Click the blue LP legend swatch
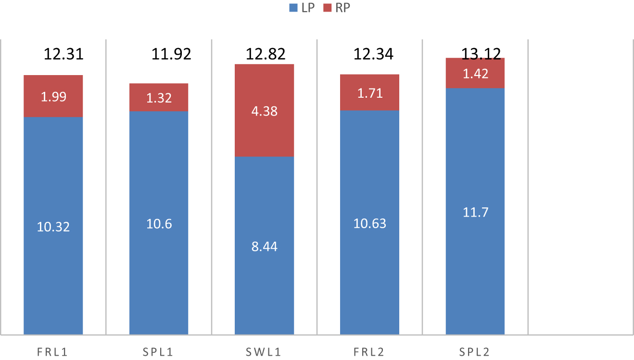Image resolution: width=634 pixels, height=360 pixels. pyautogui.click(x=292, y=8)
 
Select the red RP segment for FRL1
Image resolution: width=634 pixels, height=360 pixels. pyautogui.click(x=53, y=96)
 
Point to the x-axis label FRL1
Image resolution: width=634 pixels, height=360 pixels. pyautogui.click(x=52, y=352)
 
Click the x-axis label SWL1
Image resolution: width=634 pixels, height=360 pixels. pyautogui.click(x=264, y=352)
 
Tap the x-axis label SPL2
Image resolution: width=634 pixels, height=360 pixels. pyautogui.click(x=475, y=352)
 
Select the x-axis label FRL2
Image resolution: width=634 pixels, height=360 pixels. pyautogui.click(x=369, y=352)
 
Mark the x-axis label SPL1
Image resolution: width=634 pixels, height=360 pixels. pyautogui.click(x=158, y=352)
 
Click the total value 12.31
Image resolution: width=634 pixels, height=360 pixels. pyautogui.click(x=63, y=54)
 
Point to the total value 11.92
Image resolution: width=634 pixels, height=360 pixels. pyautogui.click(x=171, y=54)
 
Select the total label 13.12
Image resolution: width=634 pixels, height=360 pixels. pyautogui.click(x=481, y=54)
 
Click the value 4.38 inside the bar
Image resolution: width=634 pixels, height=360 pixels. pyautogui.click(x=264, y=111)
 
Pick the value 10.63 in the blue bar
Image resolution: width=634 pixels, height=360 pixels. pyautogui.click(x=369, y=224)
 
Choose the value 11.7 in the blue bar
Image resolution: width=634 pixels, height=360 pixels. pyautogui.click(x=475, y=212)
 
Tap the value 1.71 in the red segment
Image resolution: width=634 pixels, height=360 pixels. pyautogui.click(x=369, y=93)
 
